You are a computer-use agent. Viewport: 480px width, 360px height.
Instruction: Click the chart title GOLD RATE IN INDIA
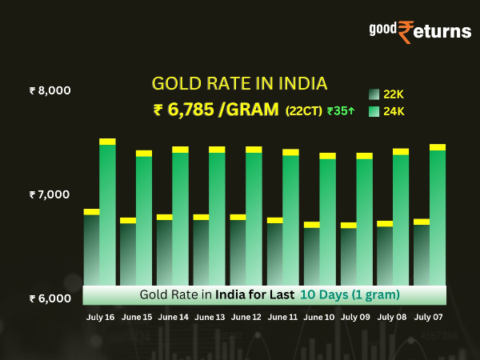[240, 84]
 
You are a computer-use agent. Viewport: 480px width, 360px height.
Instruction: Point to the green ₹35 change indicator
[341, 111]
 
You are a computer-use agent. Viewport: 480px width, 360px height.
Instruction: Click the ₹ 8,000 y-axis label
[50, 90]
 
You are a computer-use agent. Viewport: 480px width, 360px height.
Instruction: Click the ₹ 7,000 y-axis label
[50, 194]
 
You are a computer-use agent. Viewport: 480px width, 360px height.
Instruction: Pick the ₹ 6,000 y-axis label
[50, 298]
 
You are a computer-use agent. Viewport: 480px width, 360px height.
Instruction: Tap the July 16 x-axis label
[100, 318]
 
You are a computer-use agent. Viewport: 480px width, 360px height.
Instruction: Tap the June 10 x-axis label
[319, 318]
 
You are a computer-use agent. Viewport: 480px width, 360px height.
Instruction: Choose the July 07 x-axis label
[429, 318]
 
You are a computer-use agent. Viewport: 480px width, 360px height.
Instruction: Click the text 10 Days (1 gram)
[350, 294]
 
